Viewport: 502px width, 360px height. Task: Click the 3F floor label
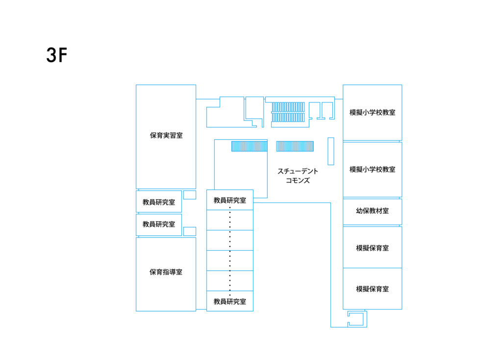point(57,55)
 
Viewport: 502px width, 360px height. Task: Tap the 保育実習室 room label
point(166,135)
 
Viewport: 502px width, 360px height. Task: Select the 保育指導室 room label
point(166,272)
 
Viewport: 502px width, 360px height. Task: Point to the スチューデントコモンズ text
point(298,176)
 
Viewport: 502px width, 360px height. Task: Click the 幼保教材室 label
point(373,211)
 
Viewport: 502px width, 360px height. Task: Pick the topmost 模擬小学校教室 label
point(373,112)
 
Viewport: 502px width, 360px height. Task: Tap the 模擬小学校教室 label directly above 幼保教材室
point(373,169)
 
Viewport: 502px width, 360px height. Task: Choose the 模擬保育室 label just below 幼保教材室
point(373,248)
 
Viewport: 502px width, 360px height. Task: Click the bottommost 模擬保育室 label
point(373,289)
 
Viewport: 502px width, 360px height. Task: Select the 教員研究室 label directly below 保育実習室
point(159,202)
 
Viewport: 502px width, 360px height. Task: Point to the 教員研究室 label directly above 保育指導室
point(159,224)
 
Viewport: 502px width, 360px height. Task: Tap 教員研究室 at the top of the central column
point(230,201)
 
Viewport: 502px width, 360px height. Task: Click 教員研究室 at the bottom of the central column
point(230,301)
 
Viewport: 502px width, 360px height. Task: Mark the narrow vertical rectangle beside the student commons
point(331,151)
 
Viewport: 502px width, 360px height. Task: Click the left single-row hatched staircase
point(250,146)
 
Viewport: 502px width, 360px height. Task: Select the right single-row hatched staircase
point(295,146)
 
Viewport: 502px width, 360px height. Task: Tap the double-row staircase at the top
point(288,112)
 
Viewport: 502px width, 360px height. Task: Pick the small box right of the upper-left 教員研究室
point(190,195)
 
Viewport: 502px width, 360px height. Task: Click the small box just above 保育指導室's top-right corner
point(190,231)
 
